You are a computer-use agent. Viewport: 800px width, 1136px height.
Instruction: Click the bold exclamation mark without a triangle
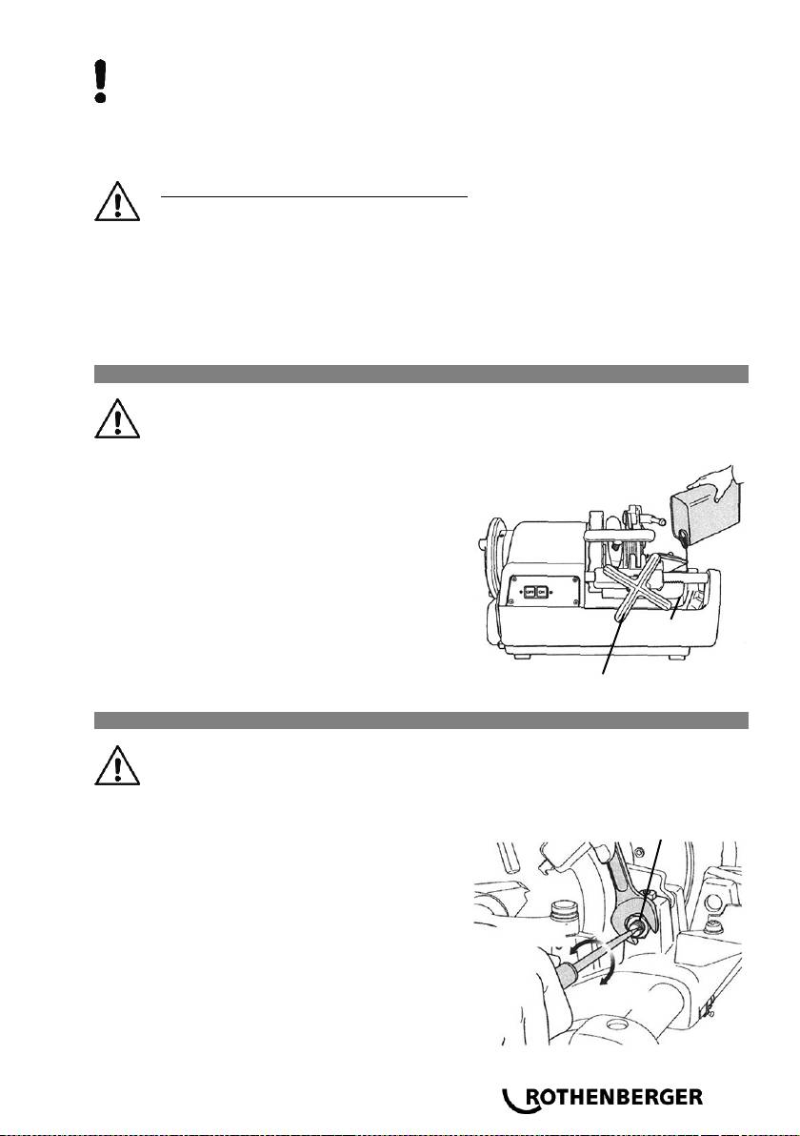[102, 81]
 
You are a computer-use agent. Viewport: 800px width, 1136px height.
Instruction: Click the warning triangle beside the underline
[116, 201]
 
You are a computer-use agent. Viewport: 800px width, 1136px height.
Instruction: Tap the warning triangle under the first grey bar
[116, 418]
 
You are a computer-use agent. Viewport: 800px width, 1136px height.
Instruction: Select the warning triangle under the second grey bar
[116, 765]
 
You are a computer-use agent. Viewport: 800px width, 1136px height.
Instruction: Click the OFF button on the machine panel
[529, 591]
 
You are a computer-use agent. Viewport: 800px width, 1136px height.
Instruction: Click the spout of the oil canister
[682, 536]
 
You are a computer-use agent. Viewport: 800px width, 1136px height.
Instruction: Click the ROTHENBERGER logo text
[613, 1097]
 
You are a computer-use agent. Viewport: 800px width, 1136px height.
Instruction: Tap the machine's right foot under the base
[673, 657]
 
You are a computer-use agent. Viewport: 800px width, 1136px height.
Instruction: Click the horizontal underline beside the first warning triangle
[315, 195]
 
